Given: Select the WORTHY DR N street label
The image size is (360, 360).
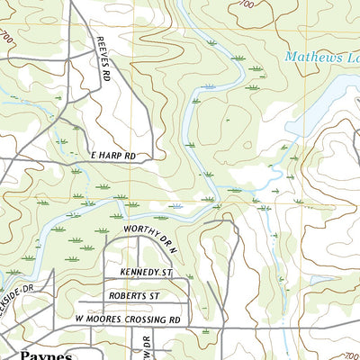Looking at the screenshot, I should [x=152, y=229].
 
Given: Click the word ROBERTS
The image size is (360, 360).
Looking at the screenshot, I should [x=127, y=294].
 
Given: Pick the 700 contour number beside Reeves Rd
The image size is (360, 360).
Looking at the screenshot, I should [x=8, y=39].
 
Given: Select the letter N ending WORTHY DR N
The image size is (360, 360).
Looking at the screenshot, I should [x=177, y=229].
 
